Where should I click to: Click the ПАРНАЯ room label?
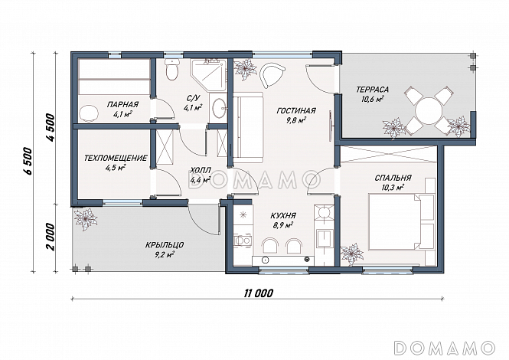[x=122, y=104]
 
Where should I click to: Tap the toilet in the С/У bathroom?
[x=172, y=69]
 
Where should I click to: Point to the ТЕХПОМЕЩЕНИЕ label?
[x=116, y=159]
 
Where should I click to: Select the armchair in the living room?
[x=272, y=74]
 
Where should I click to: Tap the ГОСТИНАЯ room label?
[x=296, y=111]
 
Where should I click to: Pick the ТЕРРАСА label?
[x=372, y=90]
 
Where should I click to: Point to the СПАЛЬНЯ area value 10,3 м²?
[x=393, y=188]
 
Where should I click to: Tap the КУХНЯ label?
[x=283, y=216]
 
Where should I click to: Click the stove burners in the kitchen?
[x=324, y=214]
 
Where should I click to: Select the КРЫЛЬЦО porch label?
[x=165, y=244]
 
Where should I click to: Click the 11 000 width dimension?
[x=258, y=293]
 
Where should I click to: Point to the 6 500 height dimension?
[x=28, y=161]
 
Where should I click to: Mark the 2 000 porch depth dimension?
[x=50, y=237]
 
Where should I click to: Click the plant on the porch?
[x=86, y=219]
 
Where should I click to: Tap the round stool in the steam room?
[x=89, y=113]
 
